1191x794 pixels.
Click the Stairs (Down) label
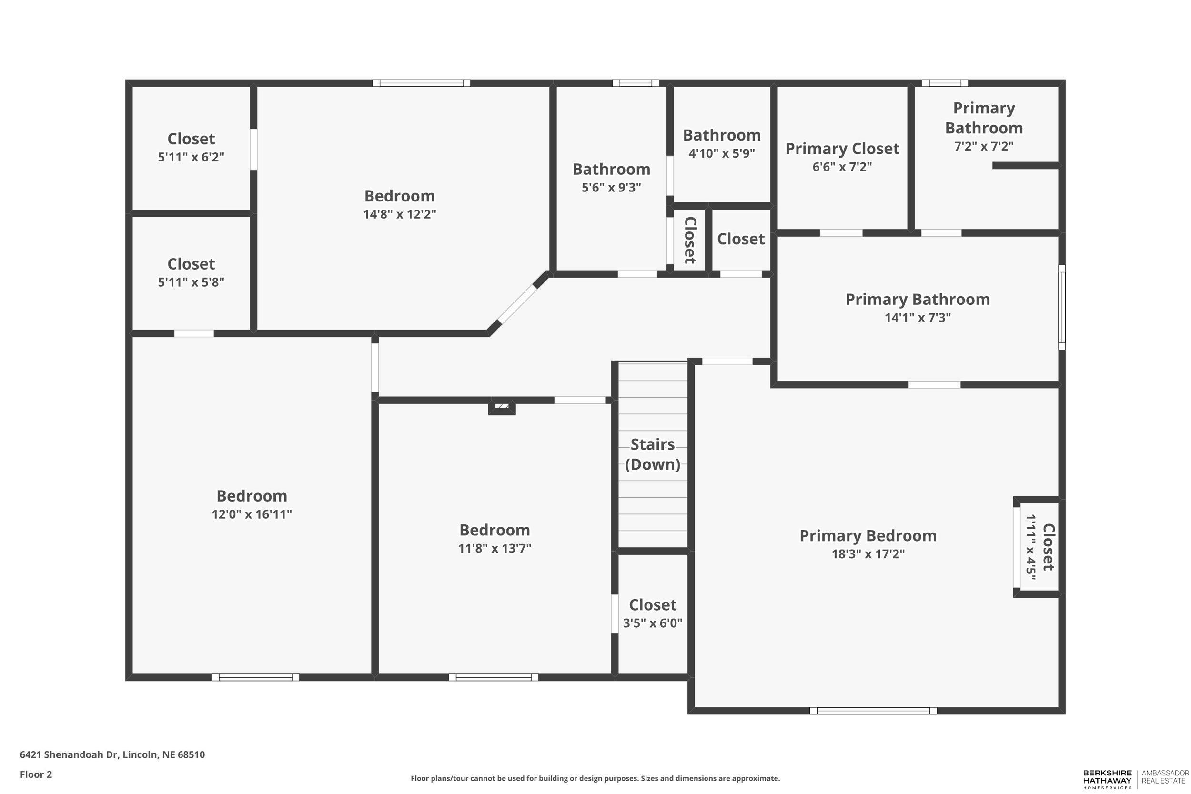(652, 454)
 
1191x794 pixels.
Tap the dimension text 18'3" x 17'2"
(868, 554)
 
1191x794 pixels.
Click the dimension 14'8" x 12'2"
(399, 214)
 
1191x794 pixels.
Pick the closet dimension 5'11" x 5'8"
(191, 282)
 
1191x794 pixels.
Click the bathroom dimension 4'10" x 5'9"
(721, 153)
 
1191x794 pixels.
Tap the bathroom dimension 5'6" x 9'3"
(611, 187)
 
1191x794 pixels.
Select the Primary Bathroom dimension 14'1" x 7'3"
(918, 318)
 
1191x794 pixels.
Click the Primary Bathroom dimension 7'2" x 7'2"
(983, 146)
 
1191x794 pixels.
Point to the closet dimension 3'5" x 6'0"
(652, 623)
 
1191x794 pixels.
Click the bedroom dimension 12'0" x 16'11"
(252, 514)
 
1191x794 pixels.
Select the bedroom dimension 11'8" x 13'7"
(494, 548)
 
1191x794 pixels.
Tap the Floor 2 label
(35, 774)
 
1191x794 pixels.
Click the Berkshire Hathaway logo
(1108, 779)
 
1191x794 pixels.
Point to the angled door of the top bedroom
(517, 304)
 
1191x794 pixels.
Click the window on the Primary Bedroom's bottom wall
(872, 711)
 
